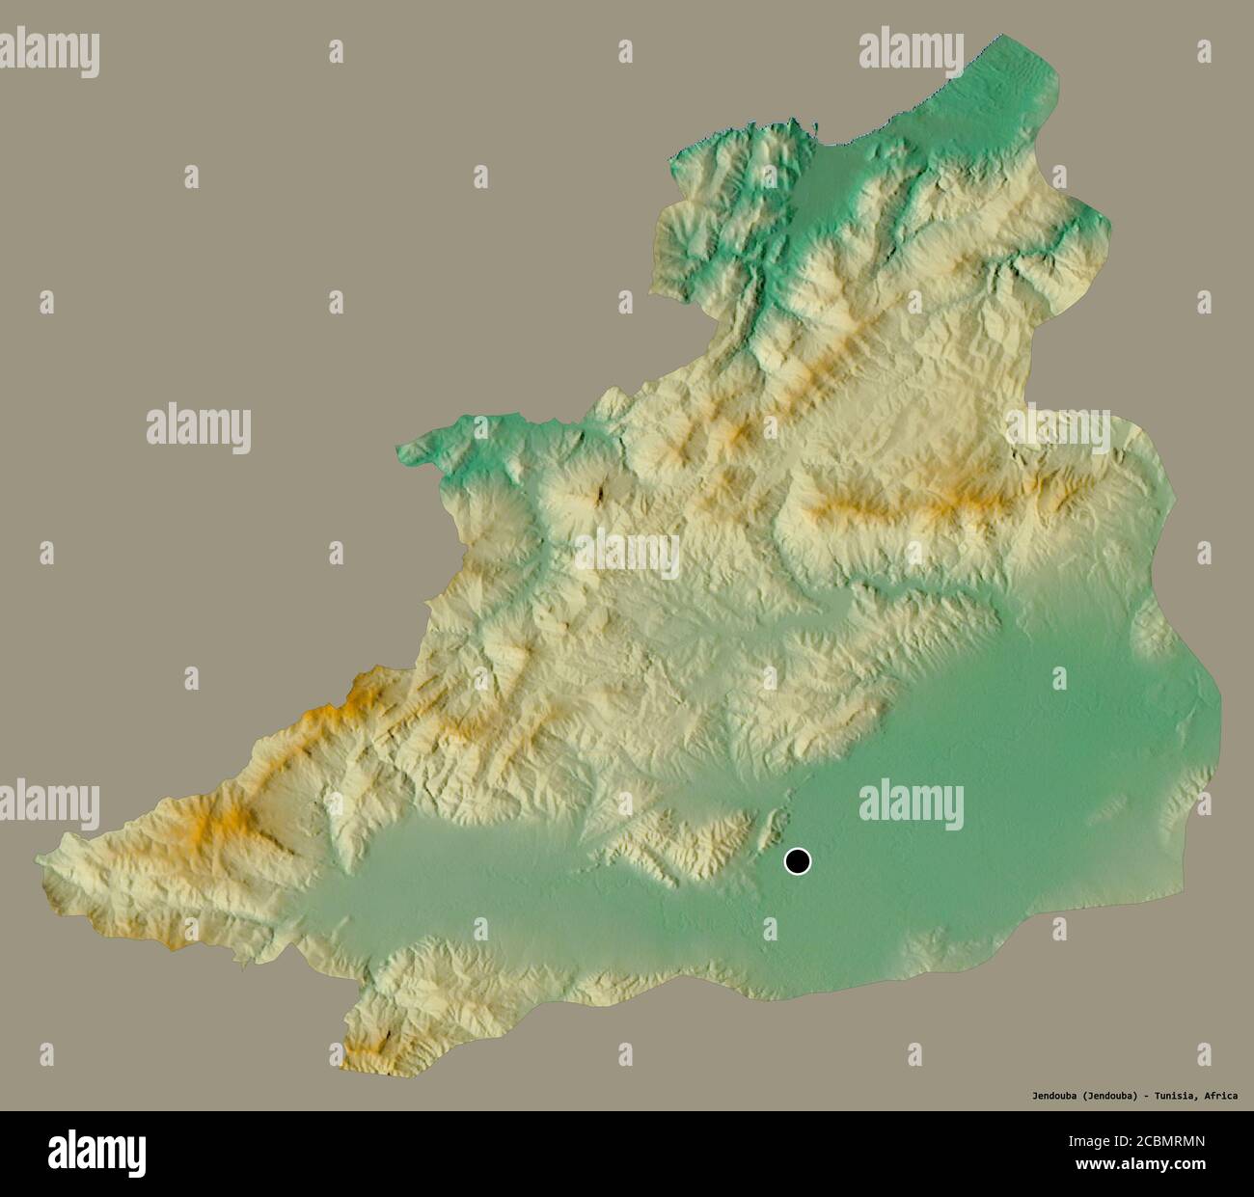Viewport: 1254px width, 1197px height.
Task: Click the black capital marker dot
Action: [x=797, y=860]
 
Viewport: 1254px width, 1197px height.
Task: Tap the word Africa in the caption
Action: [x=1219, y=1096]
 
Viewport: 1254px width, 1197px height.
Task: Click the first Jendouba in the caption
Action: [x=1052, y=1096]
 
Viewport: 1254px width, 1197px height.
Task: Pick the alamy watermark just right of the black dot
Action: [x=911, y=802]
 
